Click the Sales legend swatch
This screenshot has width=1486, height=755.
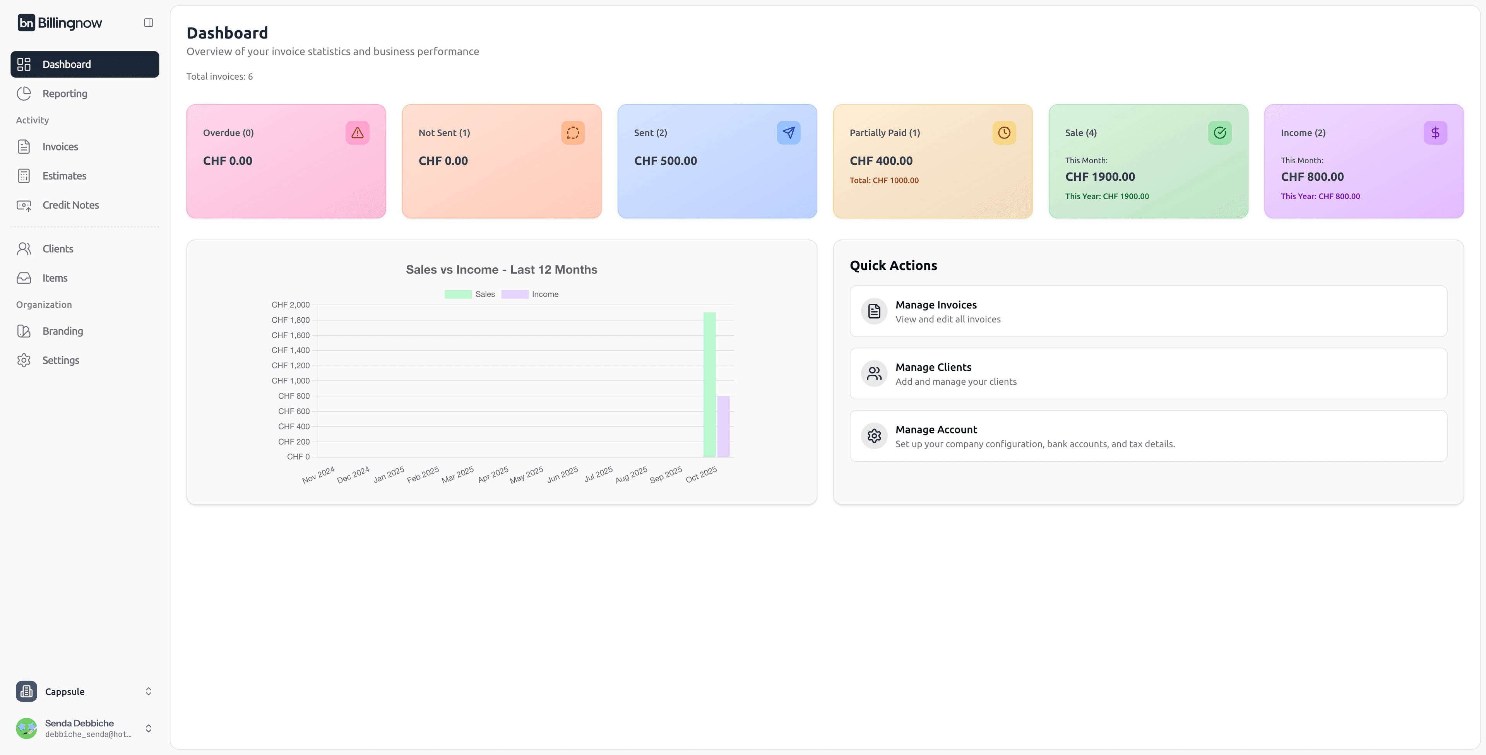tap(458, 294)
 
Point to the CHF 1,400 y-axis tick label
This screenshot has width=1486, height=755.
tap(290, 350)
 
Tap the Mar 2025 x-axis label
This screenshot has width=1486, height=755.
tap(457, 475)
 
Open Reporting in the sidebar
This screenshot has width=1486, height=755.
tap(65, 93)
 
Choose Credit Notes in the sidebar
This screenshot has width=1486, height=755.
tap(70, 205)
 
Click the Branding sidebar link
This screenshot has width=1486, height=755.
tap(62, 331)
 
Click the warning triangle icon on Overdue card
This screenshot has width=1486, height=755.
tap(358, 133)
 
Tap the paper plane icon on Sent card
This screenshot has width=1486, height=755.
tap(788, 133)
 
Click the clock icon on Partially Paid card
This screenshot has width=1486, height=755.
tap(1004, 133)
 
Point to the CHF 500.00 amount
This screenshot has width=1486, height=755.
tap(666, 161)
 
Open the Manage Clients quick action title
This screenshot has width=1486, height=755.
tap(933, 367)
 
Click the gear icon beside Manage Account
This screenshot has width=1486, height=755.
tap(874, 435)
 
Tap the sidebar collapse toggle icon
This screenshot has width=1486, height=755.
tap(148, 22)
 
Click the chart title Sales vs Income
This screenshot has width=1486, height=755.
tap(501, 269)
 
